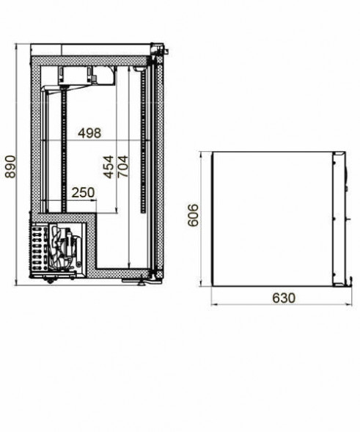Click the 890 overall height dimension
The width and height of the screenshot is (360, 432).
tap(11, 167)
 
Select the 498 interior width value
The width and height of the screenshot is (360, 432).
tap(89, 133)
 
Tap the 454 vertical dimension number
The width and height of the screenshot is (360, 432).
tap(109, 167)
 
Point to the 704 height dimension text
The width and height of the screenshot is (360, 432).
tap(123, 166)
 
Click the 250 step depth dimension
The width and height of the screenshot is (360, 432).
tap(83, 193)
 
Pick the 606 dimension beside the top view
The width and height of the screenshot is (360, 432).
tap(193, 215)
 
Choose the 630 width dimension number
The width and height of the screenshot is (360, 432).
tap(284, 298)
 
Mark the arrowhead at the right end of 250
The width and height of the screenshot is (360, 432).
tap(95, 201)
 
